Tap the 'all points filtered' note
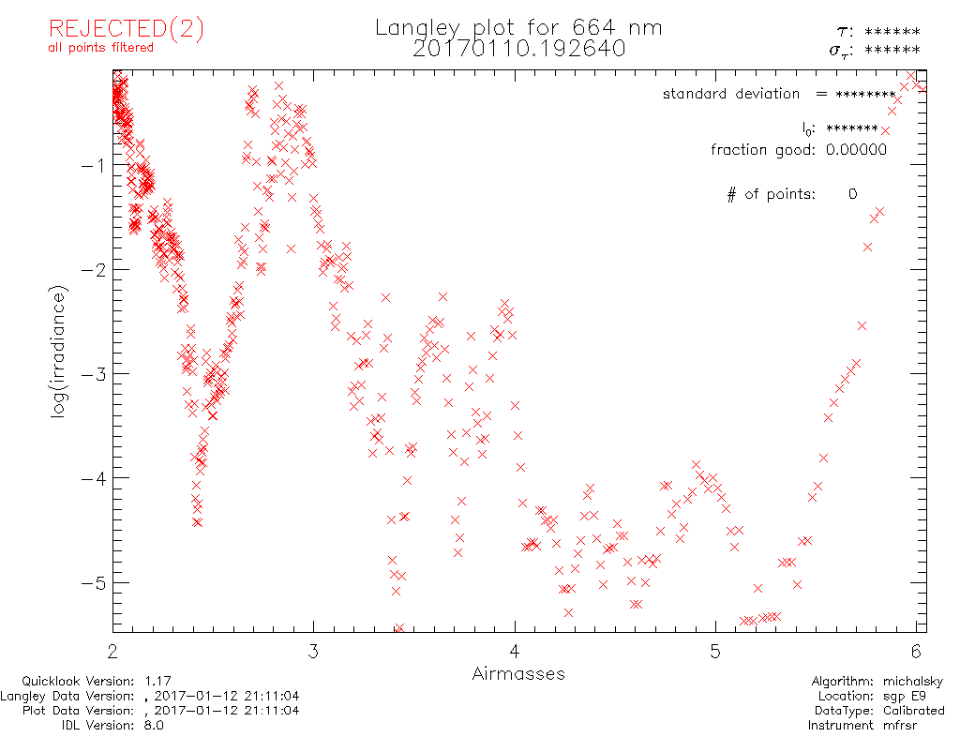pos(101,48)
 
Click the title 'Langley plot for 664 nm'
pos(518,28)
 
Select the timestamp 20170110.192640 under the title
pos(518,49)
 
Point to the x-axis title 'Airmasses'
pos(518,673)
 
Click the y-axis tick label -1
pos(93,165)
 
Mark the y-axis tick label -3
pos(93,374)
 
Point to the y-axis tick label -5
pos(93,583)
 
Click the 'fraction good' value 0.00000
pos(856,150)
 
